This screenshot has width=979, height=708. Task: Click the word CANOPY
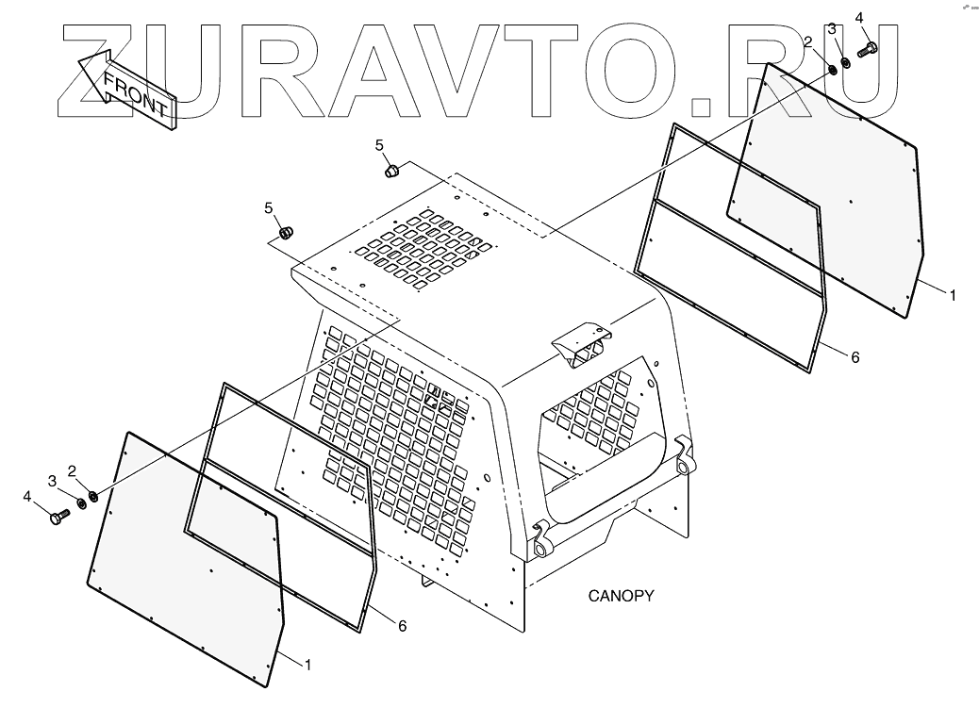[621, 596]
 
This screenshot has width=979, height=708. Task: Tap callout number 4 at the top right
[859, 17]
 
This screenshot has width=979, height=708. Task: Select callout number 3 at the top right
[832, 29]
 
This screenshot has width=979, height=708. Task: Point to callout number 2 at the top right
[808, 41]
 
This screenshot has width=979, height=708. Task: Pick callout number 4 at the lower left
[27, 495]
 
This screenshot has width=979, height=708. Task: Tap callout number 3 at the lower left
[53, 481]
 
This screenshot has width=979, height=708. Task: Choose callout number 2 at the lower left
[72, 469]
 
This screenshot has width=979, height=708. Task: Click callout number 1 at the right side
[953, 295]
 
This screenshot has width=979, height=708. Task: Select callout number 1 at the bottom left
[307, 665]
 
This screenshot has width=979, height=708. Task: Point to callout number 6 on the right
[855, 357]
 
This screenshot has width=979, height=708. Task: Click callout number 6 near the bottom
[402, 625]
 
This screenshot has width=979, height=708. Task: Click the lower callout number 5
[269, 207]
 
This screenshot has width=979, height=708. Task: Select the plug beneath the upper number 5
[391, 171]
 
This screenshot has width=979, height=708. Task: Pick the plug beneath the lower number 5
[286, 232]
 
